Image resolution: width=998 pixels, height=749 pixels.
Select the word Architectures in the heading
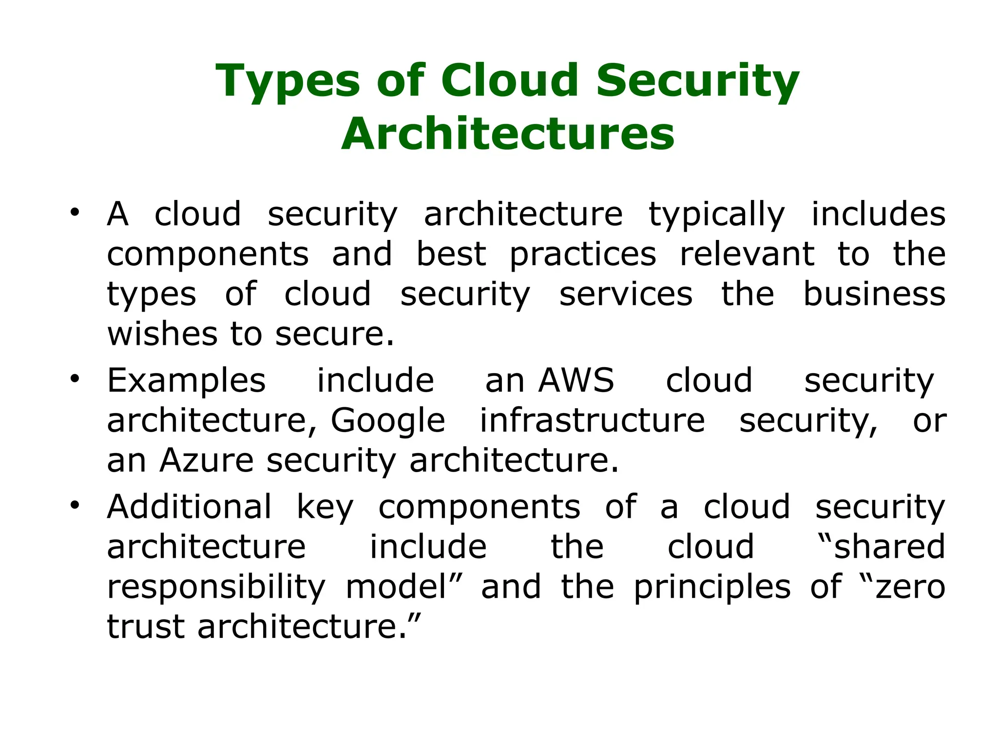coord(508,134)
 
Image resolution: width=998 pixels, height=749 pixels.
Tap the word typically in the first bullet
coord(716,215)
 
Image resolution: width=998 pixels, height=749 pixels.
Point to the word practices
coord(583,255)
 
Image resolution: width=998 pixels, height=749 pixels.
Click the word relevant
coord(747,255)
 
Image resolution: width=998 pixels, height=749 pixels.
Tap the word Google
coord(388,420)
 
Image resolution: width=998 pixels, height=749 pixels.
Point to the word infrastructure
coord(592,420)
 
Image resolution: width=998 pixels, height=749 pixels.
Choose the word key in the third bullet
coord(325,508)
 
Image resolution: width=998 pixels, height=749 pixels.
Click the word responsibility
coord(216,587)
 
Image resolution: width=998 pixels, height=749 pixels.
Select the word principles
coord(712,587)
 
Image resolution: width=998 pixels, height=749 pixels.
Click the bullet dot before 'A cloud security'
coord(74,212)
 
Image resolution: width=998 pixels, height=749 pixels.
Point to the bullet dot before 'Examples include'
coord(74,378)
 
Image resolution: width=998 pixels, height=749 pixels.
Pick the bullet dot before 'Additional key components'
coord(74,505)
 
